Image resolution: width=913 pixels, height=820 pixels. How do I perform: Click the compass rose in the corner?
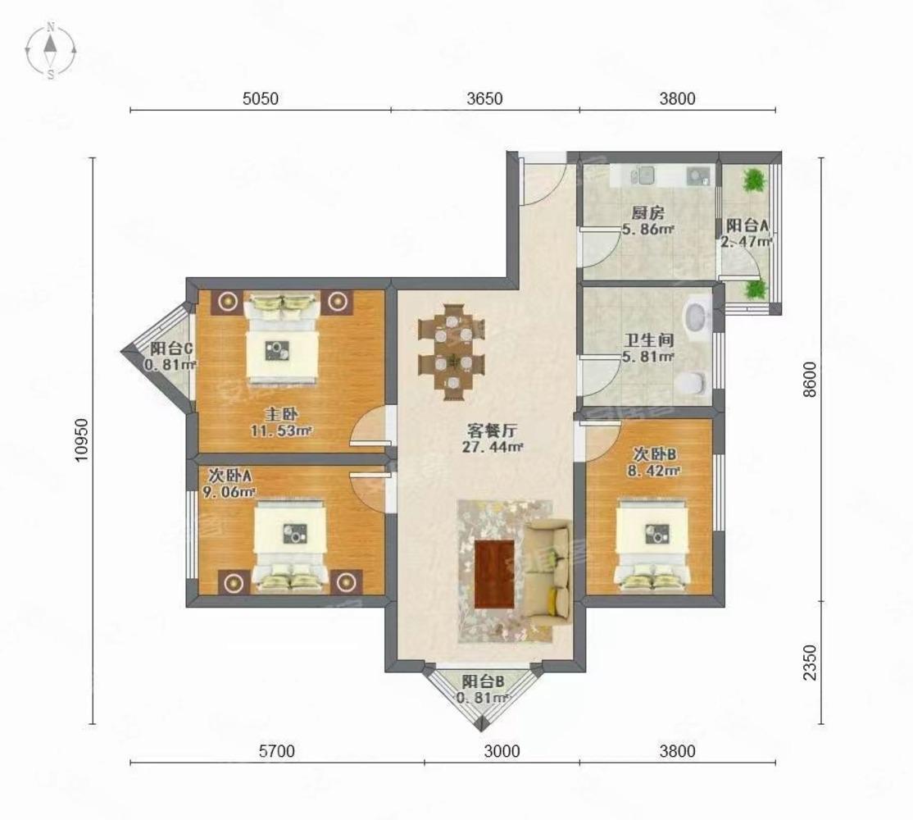pos(51,50)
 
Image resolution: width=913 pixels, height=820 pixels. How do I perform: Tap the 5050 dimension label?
pos(261,98)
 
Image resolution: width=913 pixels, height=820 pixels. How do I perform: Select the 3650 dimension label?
pos(484,98)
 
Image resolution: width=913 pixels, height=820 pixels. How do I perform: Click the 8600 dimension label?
pos(810,379)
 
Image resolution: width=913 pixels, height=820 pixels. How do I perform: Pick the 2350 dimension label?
pos(810,663)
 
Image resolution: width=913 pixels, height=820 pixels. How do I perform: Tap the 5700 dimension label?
pos(276,751)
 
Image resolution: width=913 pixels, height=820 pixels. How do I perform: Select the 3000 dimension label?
pos(502,751)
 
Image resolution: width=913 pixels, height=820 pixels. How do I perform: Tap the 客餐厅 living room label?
pos(492,430)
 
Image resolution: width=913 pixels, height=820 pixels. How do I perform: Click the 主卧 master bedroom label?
pos(281,415)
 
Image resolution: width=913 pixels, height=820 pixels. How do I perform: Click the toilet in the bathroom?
pos(691,382)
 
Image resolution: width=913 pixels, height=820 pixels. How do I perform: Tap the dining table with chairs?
pos(452,352)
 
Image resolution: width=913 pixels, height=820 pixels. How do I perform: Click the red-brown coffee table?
pos(494,574)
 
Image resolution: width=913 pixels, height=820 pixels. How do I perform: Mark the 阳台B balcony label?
pos(483,681)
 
